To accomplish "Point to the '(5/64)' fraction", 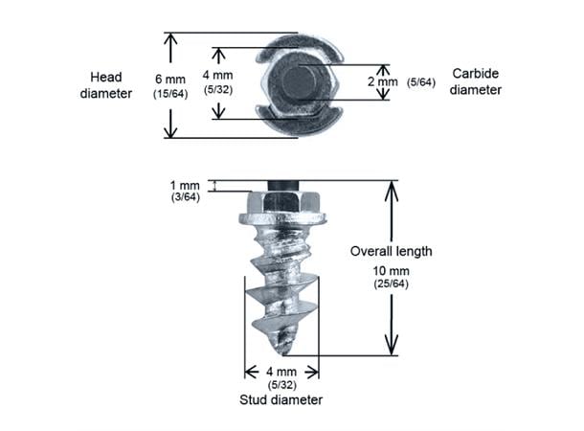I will click(x=421, y=82).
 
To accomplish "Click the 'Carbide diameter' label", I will click(x=476, y=82).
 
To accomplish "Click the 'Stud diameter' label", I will click(x=281, y=398).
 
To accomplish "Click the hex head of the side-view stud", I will click(x=281, y=203).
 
